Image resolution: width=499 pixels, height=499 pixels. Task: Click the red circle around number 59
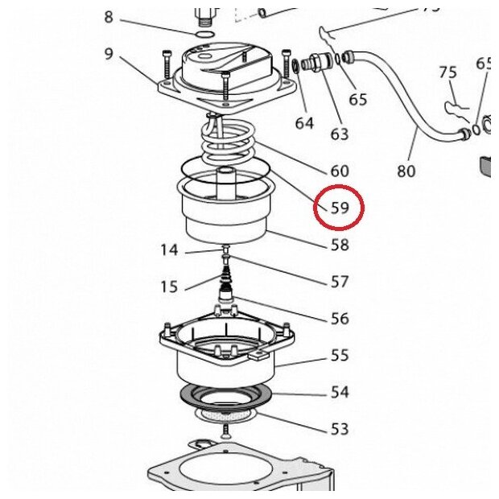(x=340, y=207)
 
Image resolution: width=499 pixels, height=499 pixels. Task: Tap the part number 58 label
(x=340, y=245)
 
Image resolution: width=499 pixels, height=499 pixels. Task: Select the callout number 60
(x=340, y=171)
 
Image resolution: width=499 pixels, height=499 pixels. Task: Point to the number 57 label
(x=340, y=282)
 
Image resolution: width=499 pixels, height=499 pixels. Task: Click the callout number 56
(x=340, y=319)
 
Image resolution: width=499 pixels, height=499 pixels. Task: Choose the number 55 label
(x=340, y=355)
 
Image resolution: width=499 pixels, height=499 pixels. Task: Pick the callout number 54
(x=340, y=392)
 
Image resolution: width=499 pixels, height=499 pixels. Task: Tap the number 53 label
(x=340, y=429)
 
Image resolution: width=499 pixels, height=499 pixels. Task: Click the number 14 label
(x=168, y=250)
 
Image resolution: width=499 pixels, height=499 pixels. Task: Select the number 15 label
(x=168, y=287)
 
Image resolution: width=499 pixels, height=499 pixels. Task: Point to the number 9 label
(x=109, y=55)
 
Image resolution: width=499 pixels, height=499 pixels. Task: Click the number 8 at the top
(x=109, y=18)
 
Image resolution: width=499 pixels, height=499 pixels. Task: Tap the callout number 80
(x=406, y=171)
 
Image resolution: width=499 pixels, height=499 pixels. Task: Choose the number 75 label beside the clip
(x=448, y=72)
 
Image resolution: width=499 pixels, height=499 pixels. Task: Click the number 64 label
(x=303, y=123)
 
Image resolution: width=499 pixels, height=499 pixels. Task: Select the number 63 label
(x=340, y=133)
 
